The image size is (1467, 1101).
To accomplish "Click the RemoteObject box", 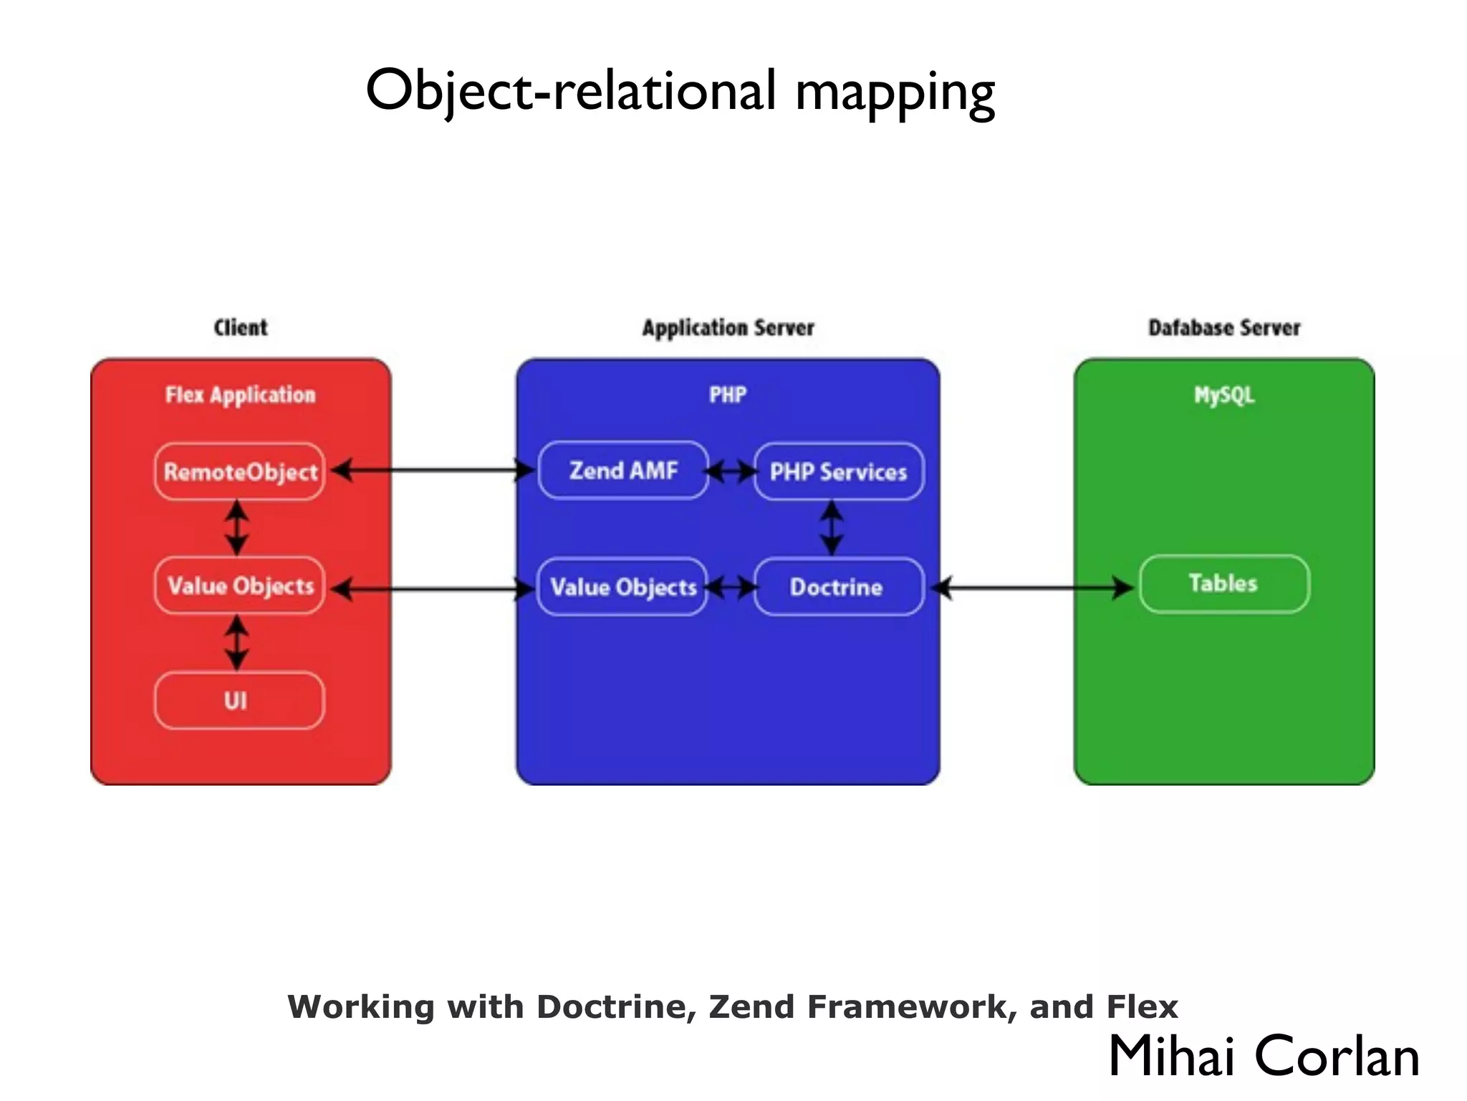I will coord(240,472).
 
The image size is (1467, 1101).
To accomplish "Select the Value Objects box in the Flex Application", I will coord(240,586).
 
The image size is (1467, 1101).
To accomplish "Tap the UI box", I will coord(240,700).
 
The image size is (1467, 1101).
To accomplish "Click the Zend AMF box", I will coord(623,471).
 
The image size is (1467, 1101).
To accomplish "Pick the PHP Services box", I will coord(839,472).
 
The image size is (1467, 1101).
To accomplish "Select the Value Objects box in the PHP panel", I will coord(622,587).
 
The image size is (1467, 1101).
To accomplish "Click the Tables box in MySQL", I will coord(1224,583).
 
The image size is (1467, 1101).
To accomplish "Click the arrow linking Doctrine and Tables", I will coord(1035,588).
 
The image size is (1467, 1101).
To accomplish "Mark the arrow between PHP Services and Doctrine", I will coord(832,528).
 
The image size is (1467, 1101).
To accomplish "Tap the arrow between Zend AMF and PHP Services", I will coord(731,472).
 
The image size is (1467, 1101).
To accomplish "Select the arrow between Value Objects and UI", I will coord(237,643).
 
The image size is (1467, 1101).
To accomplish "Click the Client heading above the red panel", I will coord(241,328).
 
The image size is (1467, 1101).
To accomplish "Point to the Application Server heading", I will coord(728,328).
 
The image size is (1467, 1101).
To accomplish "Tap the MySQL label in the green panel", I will coord(1224,395).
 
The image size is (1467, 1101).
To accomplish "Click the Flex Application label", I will coord(241,395).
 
